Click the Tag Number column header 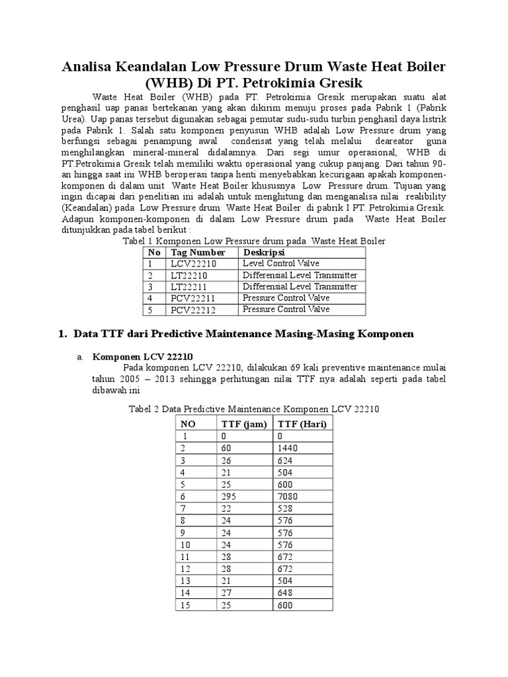click(198, 253)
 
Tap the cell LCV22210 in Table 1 click(193, 264)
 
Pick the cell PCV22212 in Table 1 click(193, 309)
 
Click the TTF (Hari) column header click(302, 424)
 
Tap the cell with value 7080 click(288, 496)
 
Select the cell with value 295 click(229, 496)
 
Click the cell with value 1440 click(288, 448)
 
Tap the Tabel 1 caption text click(254, 241)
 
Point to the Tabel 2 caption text click(253, 409)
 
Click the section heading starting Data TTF click(243, 335)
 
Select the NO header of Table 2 click(189, 424)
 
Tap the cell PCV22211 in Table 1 click(193, 298)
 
